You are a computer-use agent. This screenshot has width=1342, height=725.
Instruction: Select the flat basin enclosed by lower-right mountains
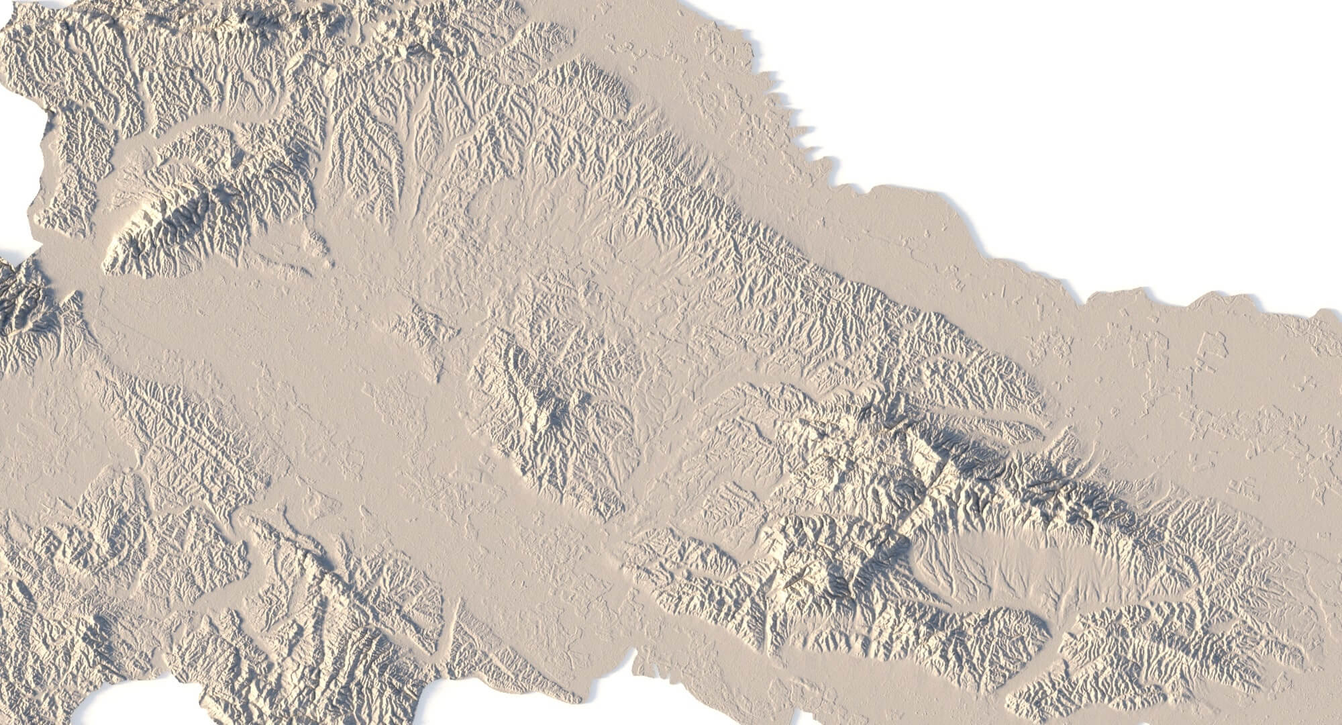(1007, 557)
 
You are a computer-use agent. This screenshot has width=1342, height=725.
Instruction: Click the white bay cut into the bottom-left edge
(134, 705)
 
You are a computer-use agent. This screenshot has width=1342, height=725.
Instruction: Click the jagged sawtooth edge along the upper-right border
(798, 121)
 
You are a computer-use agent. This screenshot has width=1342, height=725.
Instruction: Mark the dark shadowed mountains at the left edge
(20, 302)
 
